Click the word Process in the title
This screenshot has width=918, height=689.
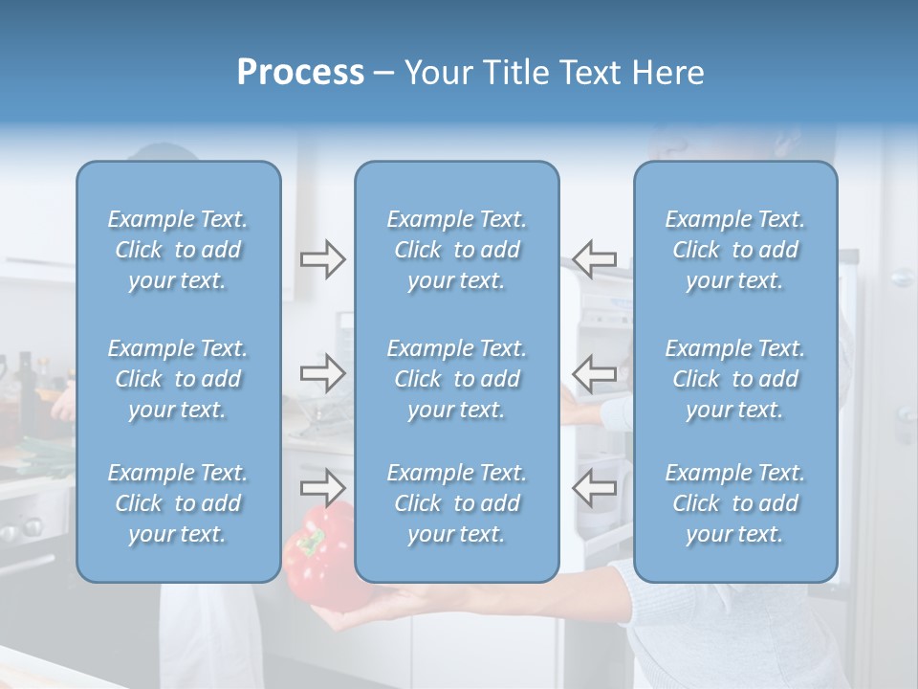(x=300, y=73)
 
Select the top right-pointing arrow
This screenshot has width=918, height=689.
(x=323, y=259)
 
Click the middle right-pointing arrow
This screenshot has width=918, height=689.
(x=323, y=373)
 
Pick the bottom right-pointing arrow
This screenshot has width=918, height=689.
(x=323, y=487)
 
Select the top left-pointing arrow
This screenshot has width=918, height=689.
(x=594, y=258)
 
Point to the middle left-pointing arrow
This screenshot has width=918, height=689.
(x=594, y=373)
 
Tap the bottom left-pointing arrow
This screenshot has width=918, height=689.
(x=594, y=487)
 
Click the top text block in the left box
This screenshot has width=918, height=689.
(x=178, y=250)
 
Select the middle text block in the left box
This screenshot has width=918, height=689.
(x=178, y=379)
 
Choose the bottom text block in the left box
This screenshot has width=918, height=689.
(x=178, y=503)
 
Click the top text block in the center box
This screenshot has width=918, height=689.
(x=457, y=250)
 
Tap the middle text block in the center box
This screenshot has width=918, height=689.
(x=457, y=379)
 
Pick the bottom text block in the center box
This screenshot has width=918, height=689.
(x=457, y=503)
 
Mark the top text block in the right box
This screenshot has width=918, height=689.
(x=735, y=250)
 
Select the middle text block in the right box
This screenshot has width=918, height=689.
(x=735, y=379)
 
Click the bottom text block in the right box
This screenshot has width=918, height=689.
(x=735, y=503)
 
